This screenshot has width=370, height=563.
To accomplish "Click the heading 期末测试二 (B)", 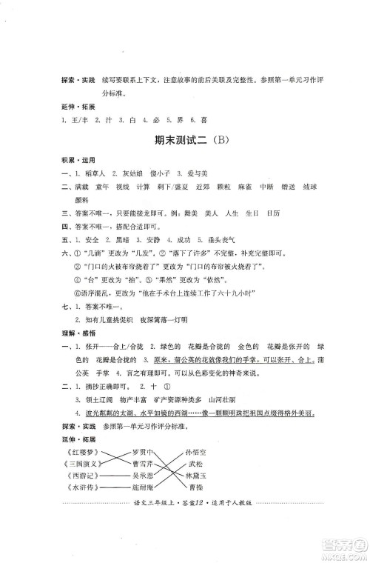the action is tap(185, 140).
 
